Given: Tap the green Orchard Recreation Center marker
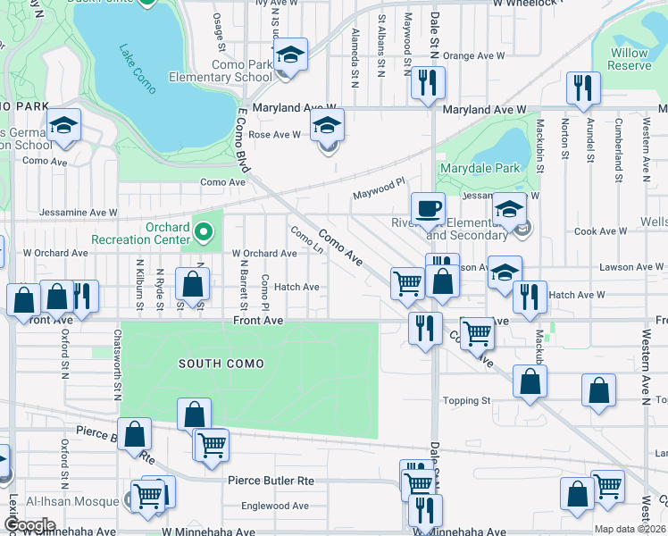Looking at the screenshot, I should click(x=205, y=234).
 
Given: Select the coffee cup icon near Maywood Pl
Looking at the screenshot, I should click(x=428, y=208).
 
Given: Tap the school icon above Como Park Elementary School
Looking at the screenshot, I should click(x=290, y=55).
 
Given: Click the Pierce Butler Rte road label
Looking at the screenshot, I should click(x=271, y=481).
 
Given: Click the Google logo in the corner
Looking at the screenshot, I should click(x=29, y=525).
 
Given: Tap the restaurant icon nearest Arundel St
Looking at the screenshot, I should click(x=582, y=89).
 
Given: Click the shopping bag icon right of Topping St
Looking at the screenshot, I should click(x=530, y=382).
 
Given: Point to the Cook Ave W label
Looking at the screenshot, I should click(x=600, y=231).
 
